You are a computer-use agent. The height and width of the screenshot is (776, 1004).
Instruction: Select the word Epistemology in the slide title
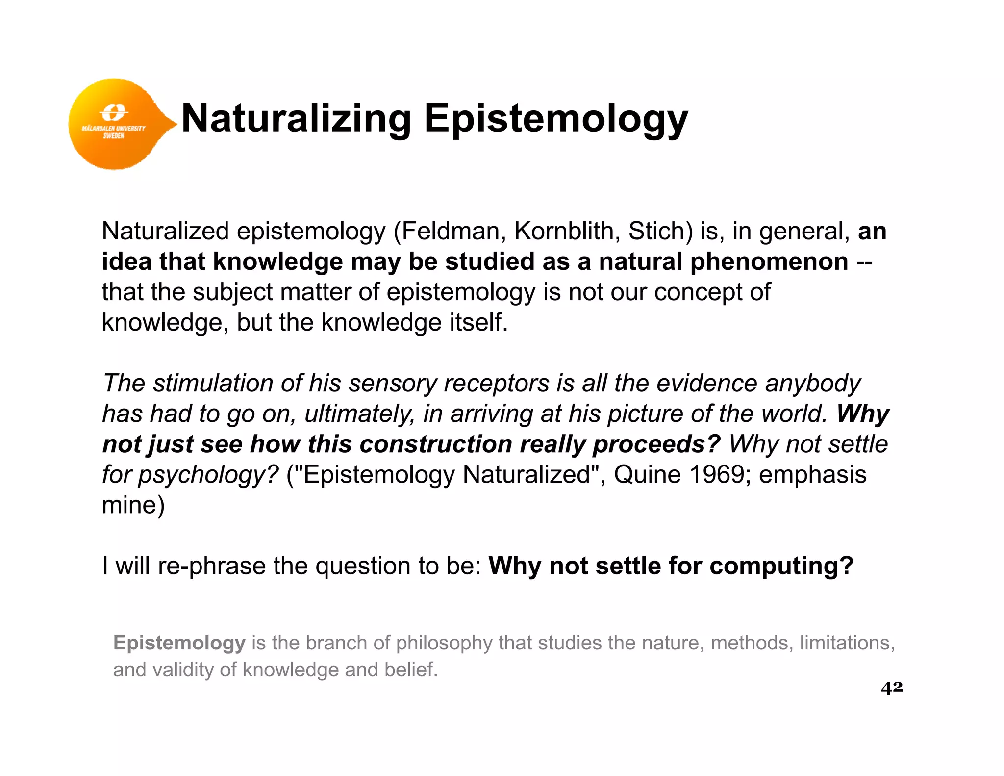(556, 119)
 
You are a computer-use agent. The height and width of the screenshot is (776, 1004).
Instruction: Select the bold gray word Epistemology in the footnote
(179, 643)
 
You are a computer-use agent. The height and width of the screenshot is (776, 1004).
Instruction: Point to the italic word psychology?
(208, 475)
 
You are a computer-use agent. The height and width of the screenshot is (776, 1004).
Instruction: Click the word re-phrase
(212, 566)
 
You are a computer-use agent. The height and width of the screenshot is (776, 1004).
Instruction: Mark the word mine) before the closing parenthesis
(133, 505)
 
